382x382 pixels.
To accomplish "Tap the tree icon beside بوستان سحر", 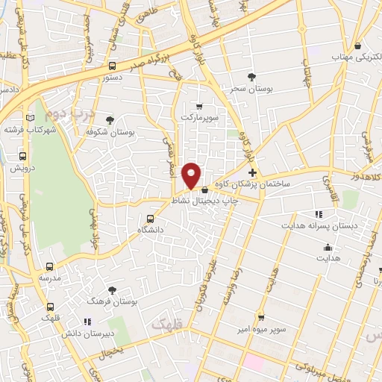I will pos(251,75).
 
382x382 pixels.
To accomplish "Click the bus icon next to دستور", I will pos(112,65).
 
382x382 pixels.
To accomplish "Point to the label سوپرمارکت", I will pos(198,117).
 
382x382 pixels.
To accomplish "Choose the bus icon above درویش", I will pos(22,157).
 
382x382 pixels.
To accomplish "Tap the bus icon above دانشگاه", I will pos(151,219).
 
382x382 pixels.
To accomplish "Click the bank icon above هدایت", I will pos(327,248).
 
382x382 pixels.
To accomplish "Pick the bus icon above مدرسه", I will pos(50,266).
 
